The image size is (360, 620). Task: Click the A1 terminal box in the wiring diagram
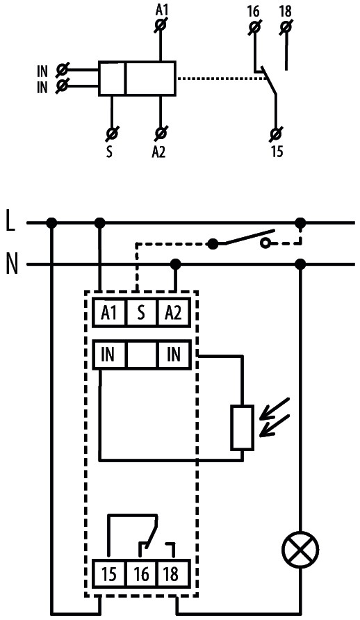108,313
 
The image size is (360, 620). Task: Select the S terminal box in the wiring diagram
141,313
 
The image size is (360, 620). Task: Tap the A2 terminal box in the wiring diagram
174,313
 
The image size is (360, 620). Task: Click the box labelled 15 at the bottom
108,575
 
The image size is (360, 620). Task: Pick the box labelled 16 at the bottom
141,575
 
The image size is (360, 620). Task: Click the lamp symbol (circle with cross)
300,551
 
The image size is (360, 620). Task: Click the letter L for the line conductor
10,223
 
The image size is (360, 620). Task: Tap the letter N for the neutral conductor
11,265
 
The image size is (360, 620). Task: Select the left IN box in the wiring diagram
108,355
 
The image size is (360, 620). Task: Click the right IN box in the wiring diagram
174,355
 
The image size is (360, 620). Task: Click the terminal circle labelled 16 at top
254,27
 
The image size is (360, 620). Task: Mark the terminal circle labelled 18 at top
285,27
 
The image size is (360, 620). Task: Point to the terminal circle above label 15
277,131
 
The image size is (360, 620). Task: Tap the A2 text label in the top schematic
159,152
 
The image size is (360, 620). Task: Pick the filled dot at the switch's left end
213,243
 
